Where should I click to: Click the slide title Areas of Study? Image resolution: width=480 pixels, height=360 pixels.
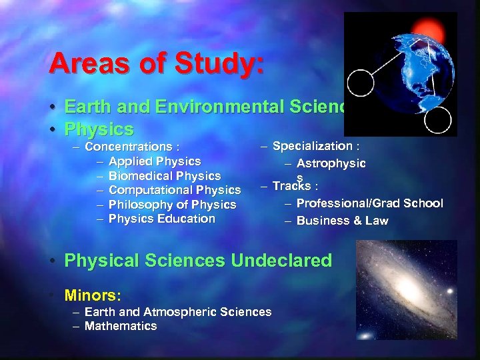pyautogui.click(x=157, y=64)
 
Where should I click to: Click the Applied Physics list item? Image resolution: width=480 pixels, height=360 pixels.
pyautogui.click(x=154, y=161)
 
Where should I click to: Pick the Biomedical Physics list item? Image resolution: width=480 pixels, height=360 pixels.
pyautogui.click(x=164, y=176)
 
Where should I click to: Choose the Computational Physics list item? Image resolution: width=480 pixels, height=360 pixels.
pyautogui.click(x=174, y=191)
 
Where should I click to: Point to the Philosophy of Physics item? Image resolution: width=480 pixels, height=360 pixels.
pyautogui.click(x=172, y=205)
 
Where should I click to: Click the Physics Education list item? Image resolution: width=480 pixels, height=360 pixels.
pyautogui.click(x=161, y=219)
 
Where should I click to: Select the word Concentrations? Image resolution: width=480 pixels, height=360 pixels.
pyautogui.click(x=128, y=147)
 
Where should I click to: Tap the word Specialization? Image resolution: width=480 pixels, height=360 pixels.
pyautogui.click(x=313, y=146)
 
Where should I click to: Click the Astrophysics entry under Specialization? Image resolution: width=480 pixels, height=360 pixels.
pyautogui.click(x=331, y=164)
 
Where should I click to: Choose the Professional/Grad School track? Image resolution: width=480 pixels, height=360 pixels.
pyautogui.click(x=369, y=203)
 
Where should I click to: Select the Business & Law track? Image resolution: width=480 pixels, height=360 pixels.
pyautogui.click(x=342, y=221)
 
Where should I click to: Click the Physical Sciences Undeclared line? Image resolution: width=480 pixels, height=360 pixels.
pyautogui.click(x=198, y=261)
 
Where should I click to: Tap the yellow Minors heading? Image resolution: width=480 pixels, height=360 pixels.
pyautogui.click(x=93, y=294)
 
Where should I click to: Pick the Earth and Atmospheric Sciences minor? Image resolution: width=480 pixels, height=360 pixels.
pyautogui.click(x=178, y=312)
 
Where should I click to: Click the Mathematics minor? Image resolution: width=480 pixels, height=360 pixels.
pyautogui.click(x=121, y=326)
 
